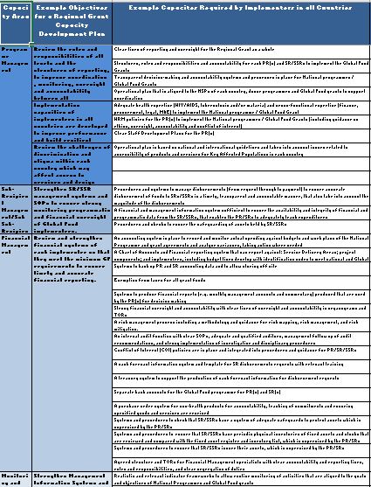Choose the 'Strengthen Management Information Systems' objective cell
pyautogui.click(x=72, y=477)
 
